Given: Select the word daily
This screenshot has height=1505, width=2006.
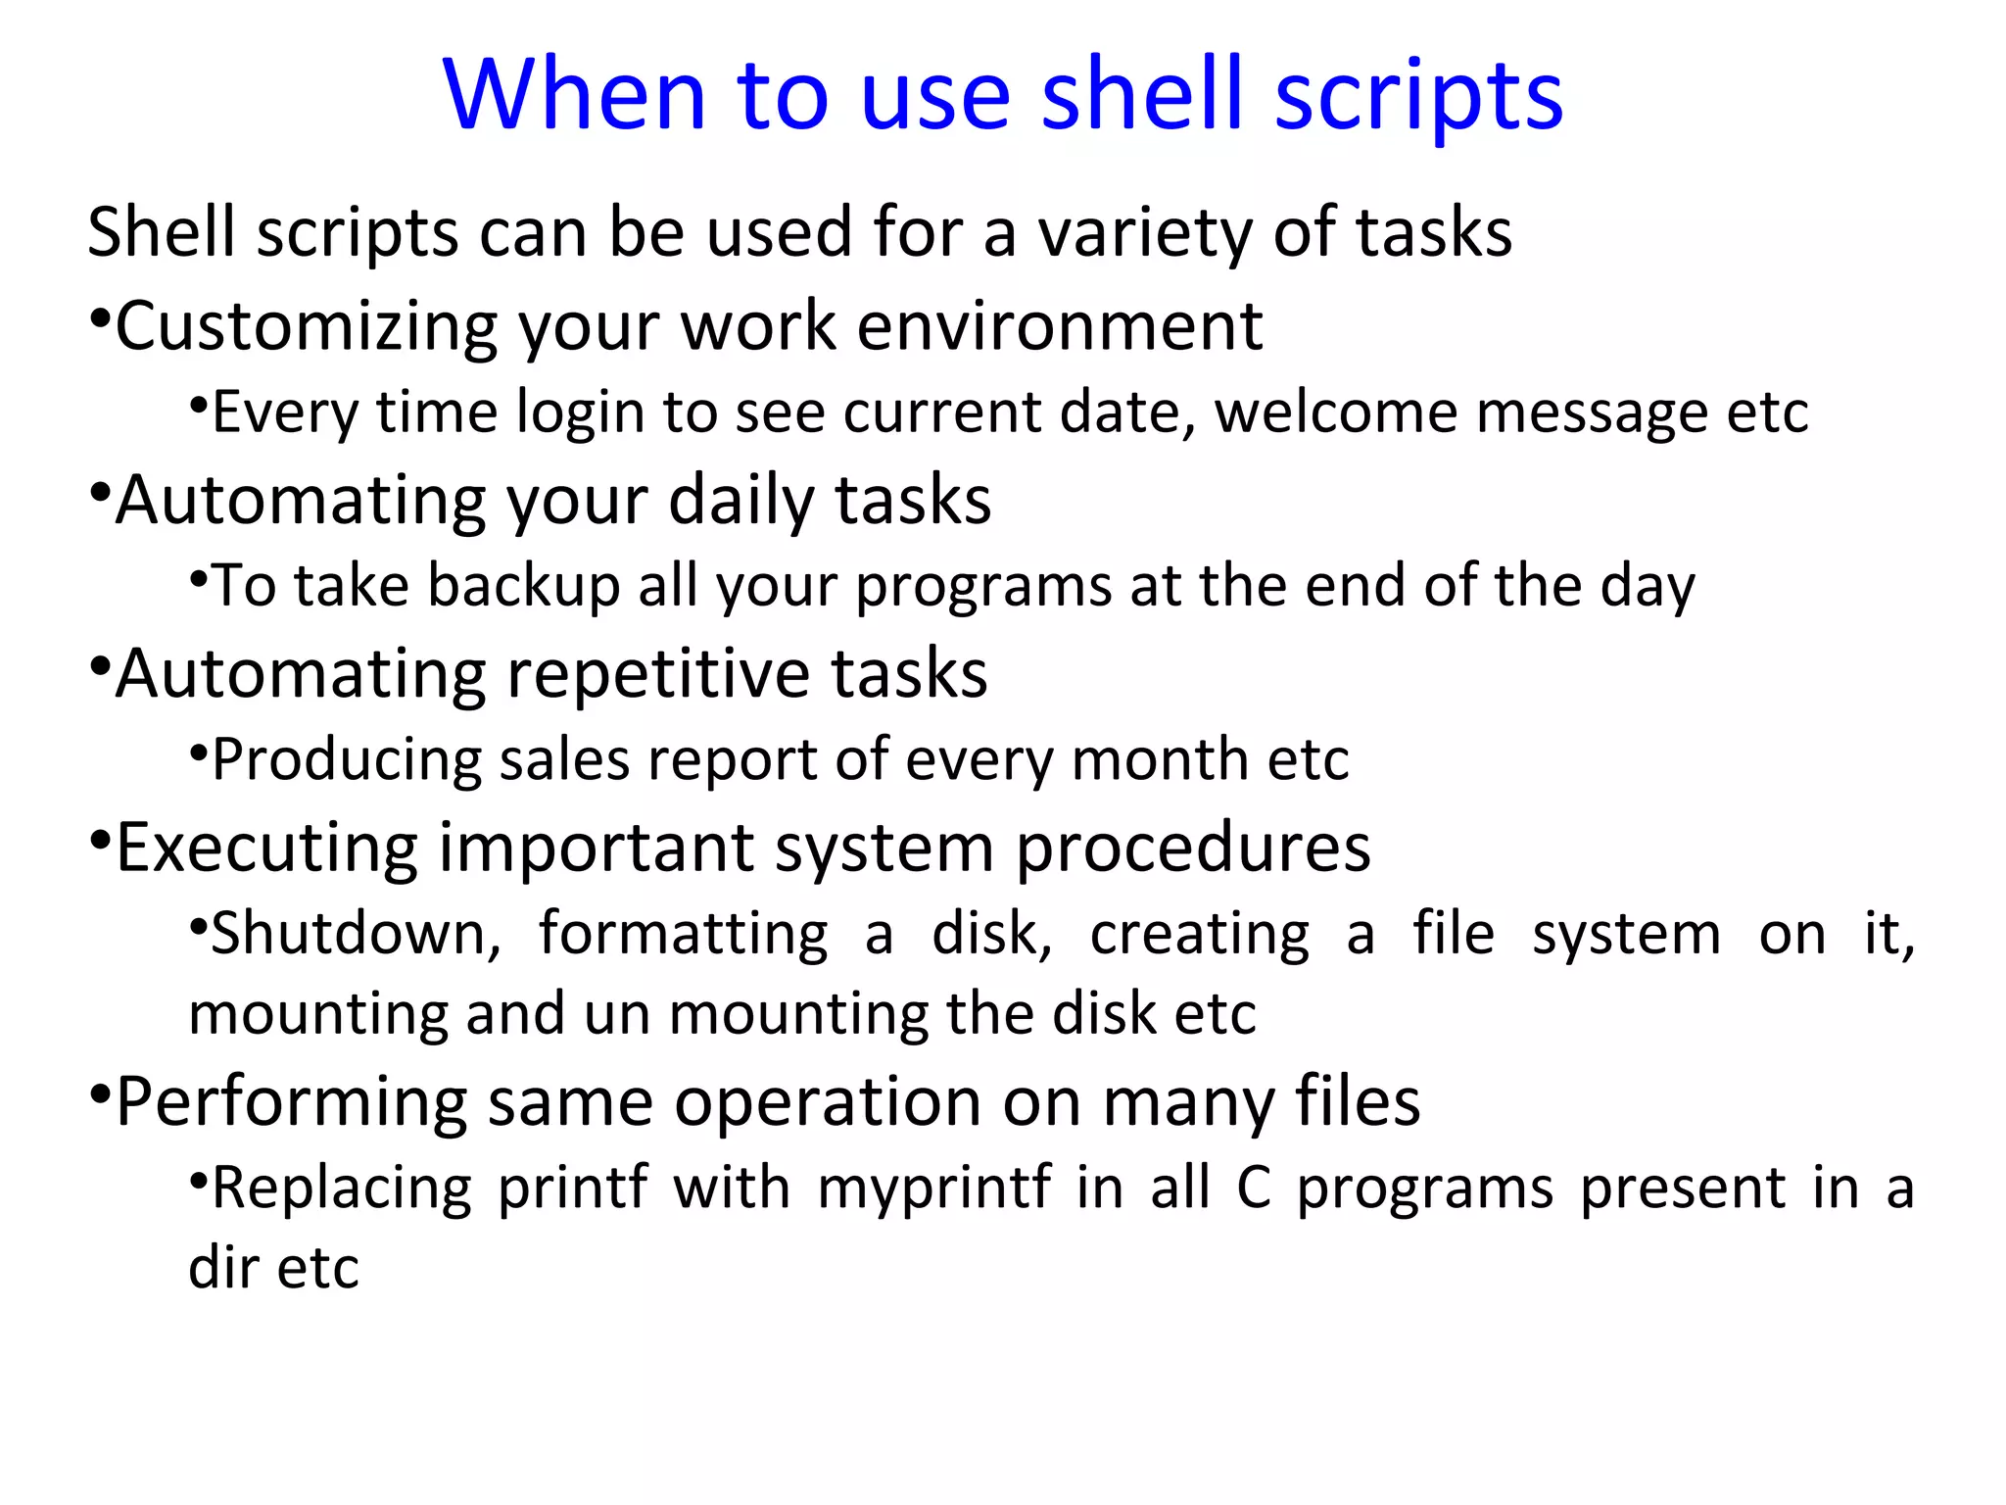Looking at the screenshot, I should tap(740, 501).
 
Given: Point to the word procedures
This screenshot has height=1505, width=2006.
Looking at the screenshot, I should tap(1192, 849).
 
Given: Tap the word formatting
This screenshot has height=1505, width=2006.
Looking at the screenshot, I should tap(683, 934).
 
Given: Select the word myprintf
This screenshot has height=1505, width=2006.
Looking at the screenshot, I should tap(934, 1189).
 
